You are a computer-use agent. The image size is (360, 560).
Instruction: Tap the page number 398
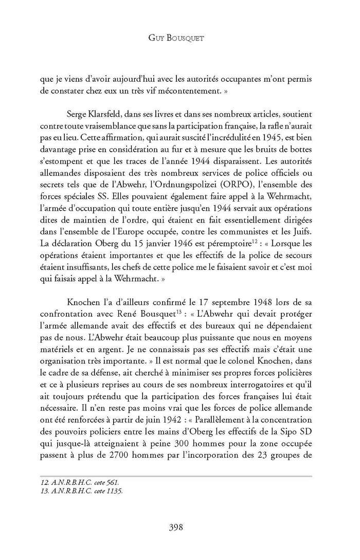[179, 526]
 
